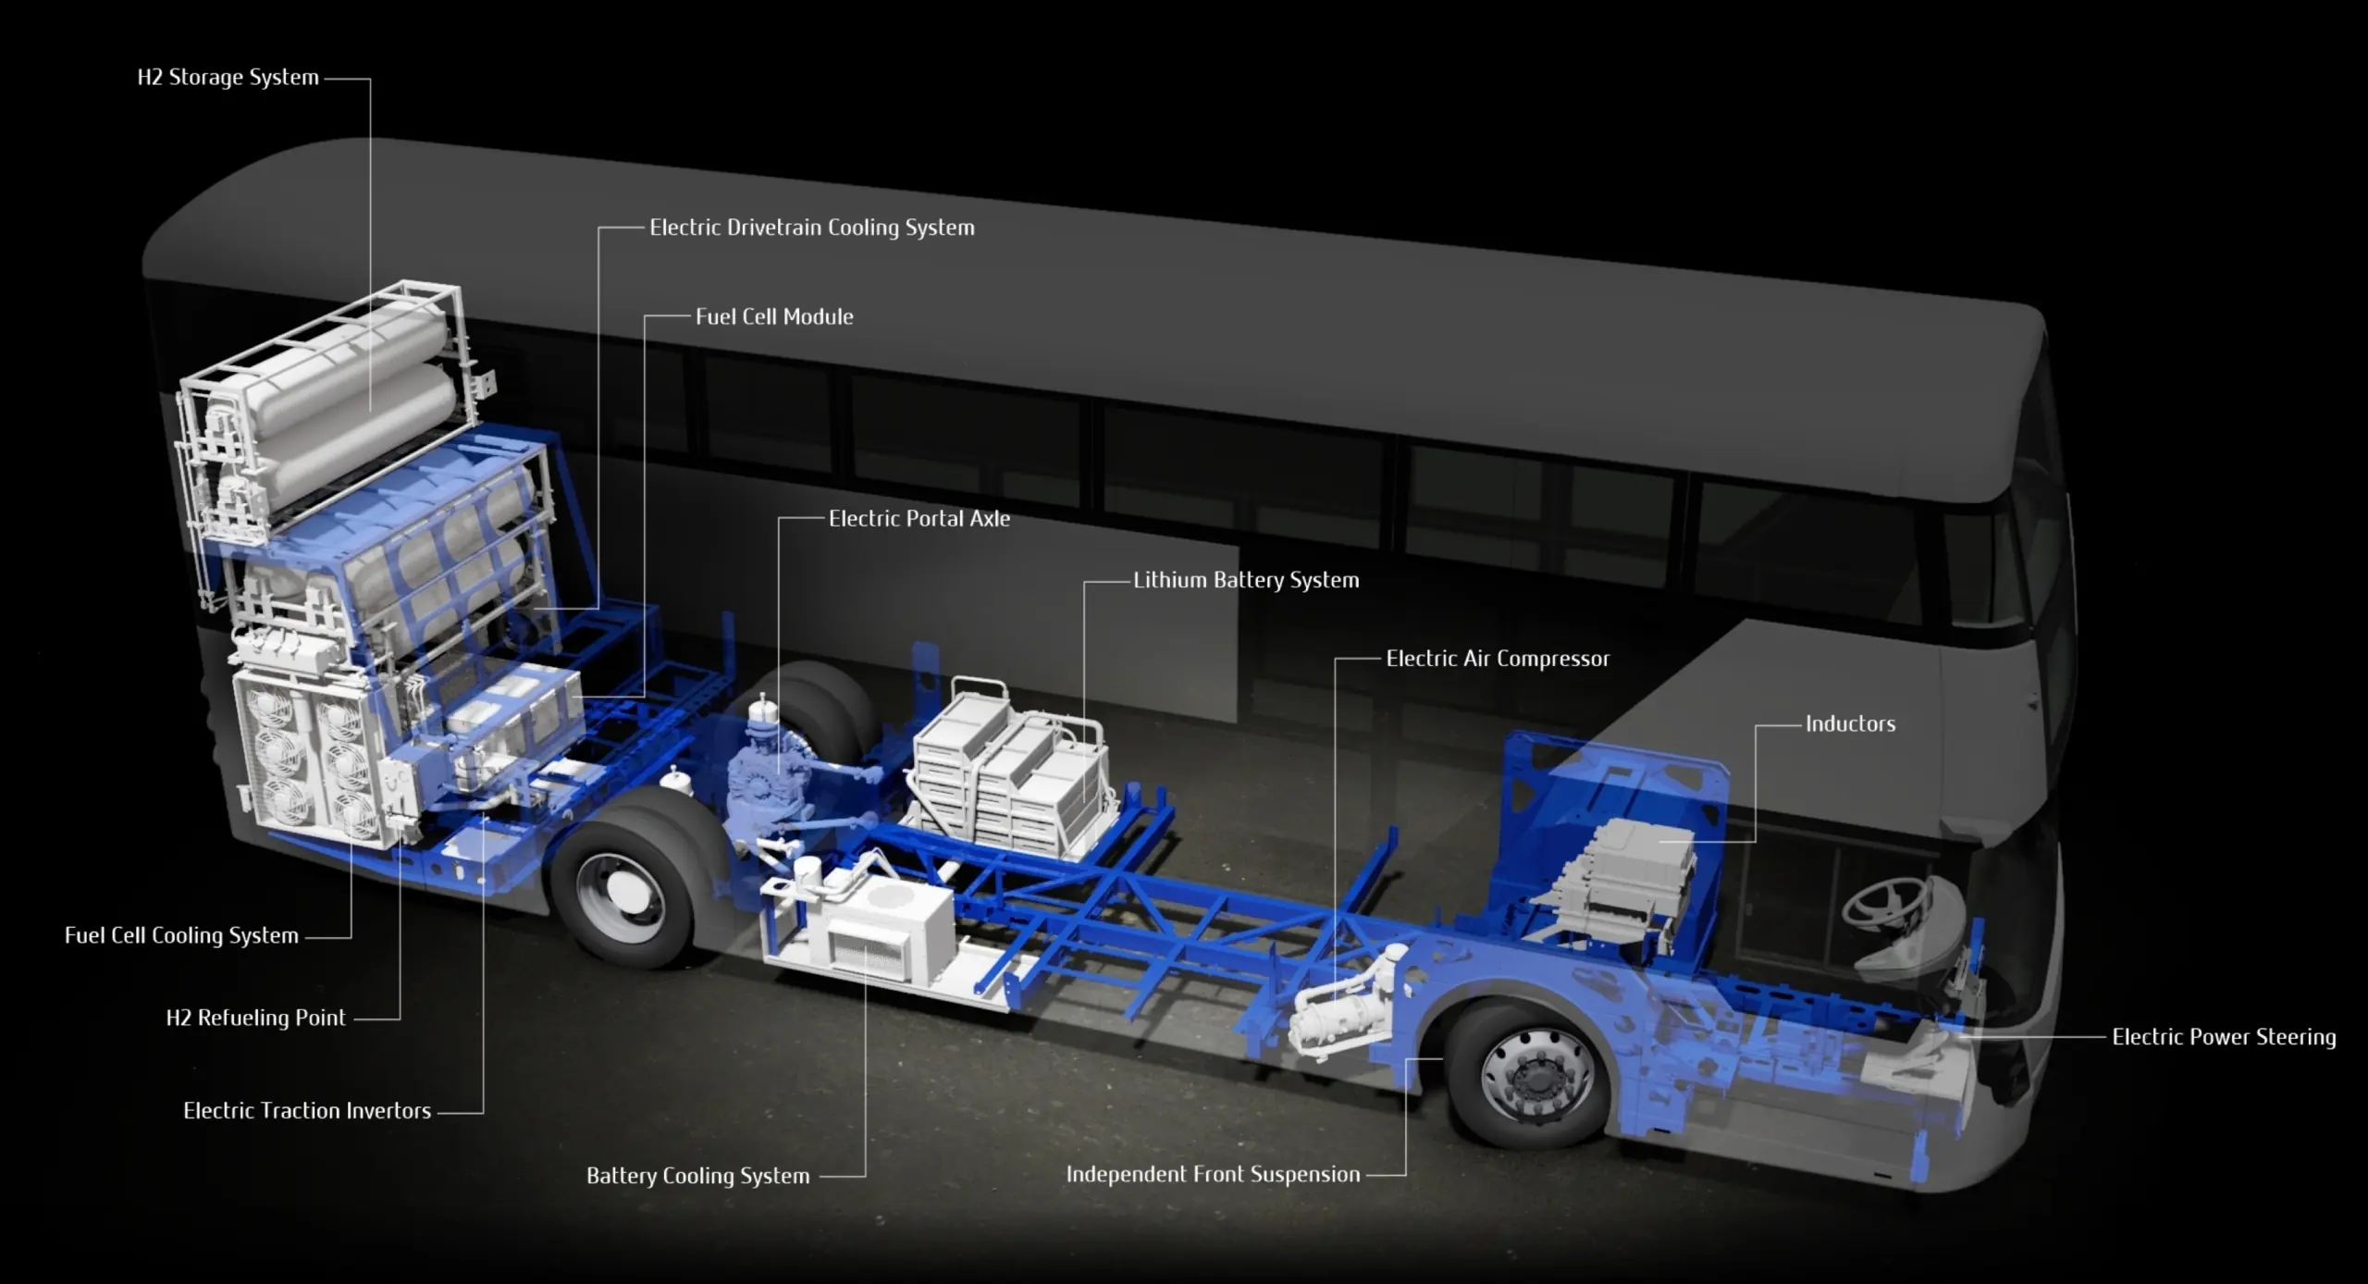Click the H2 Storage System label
click(228, 78)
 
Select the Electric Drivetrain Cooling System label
click(811, 228)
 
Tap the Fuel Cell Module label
click(774, 316)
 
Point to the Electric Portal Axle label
click(919, 519)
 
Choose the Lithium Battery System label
click(1246, 580)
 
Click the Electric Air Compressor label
click(1498, 659)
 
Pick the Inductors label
click(1850, 724)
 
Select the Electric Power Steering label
click(2224, 1037)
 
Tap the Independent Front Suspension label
click(1213, 1174)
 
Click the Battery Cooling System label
click(697, 1176)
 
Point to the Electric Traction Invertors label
click(307, 1111)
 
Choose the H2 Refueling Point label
click(255, 1019)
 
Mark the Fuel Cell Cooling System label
click(181, 935)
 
